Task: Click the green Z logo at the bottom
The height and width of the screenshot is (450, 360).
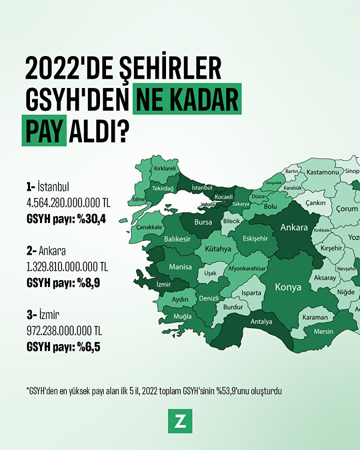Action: coord(180,421)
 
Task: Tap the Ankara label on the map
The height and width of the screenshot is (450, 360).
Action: coord(294,227)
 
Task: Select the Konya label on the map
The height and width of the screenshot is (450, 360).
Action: coord(288,287)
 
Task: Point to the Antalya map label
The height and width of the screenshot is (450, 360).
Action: coord(261,321)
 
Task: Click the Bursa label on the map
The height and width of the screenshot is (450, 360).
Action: coord(203,222)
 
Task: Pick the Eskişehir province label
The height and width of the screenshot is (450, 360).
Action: coord(255,238)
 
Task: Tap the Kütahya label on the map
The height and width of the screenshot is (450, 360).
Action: coord(218,249)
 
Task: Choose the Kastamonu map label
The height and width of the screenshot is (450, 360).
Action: coord(323,172)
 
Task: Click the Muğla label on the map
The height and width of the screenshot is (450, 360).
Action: coord(182,316)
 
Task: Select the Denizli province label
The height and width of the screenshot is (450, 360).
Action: coord(209,298)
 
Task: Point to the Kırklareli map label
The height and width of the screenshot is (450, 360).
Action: coord(165,168)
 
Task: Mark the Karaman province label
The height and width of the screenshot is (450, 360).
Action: coord(315,317)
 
